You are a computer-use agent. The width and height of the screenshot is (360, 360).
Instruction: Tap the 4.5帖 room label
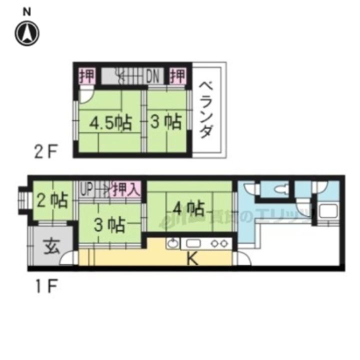111,122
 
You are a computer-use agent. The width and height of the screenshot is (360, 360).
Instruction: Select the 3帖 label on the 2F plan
165,122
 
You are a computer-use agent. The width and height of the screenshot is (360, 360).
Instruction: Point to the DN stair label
152,76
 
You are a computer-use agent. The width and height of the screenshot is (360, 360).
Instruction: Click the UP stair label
86,189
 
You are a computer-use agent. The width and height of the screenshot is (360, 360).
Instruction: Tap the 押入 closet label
125,189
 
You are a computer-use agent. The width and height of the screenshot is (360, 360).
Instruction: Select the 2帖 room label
52,200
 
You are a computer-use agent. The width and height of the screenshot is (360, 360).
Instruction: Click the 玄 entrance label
48,247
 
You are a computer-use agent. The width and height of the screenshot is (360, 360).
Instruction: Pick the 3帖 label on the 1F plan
110,225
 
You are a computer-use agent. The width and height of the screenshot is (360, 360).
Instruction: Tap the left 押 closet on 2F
87,76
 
